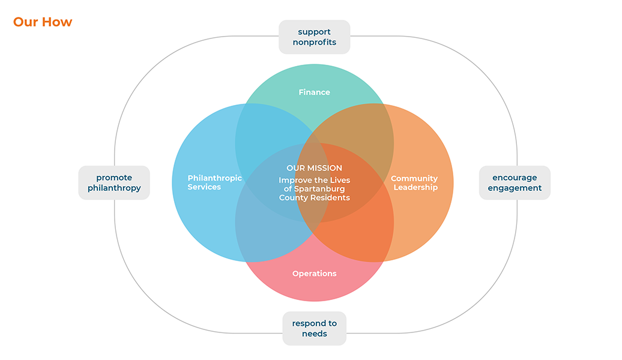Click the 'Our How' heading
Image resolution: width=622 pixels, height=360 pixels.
(x=43, y=22)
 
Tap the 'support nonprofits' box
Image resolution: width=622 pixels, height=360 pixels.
(x=314, y=37)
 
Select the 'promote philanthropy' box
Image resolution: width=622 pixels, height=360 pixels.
(x=114, y=183)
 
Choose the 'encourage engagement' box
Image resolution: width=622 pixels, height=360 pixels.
(x=515, y=183)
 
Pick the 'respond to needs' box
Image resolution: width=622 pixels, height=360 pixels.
(x=314, y=328)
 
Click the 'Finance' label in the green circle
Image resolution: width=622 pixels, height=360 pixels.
(x=314, y=92)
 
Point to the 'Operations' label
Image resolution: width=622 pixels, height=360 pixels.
(x=314, y=274)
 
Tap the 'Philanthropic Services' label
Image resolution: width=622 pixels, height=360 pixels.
(x=214, y=182)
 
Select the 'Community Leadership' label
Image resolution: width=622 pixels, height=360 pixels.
(x=414, y=183)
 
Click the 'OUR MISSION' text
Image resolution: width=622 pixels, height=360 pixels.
(x=314, y=168)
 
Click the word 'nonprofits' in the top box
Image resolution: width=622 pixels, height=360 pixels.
(x=314, y=43)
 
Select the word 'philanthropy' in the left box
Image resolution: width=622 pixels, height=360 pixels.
(x=114, y=188)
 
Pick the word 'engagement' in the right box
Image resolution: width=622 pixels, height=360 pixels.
(x=515, y=188)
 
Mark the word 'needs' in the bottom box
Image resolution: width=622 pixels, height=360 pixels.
(x=314, y=334)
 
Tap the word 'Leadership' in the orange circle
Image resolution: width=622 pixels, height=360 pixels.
(x=415, y=188)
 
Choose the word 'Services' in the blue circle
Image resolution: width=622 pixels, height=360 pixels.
(x=204, y=187)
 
